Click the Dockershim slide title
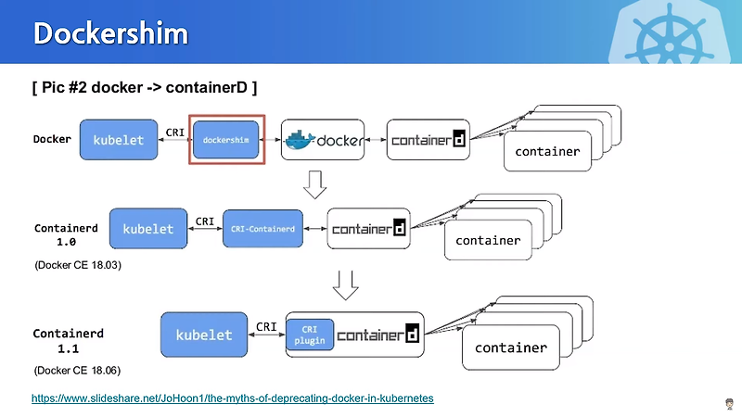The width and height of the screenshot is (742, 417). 110,33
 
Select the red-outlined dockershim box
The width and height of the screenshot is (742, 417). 226,140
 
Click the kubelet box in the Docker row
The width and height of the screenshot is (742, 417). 118,140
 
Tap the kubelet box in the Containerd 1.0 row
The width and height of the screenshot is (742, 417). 147,228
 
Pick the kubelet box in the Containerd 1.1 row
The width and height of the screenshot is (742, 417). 204,335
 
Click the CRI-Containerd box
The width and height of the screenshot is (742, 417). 262,228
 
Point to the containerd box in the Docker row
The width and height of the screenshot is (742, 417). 428,140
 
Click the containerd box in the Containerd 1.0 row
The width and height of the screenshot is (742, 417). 368,228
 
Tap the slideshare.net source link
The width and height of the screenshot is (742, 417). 233,398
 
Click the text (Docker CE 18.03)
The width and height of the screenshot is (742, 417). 79,265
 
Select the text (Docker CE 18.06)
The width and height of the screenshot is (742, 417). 79,370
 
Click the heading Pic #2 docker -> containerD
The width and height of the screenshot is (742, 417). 144,87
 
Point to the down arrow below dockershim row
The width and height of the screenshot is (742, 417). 316,184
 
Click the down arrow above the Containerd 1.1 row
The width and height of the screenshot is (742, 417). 345,284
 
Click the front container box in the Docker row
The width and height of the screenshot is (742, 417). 546,151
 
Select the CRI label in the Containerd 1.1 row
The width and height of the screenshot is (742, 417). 266,326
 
